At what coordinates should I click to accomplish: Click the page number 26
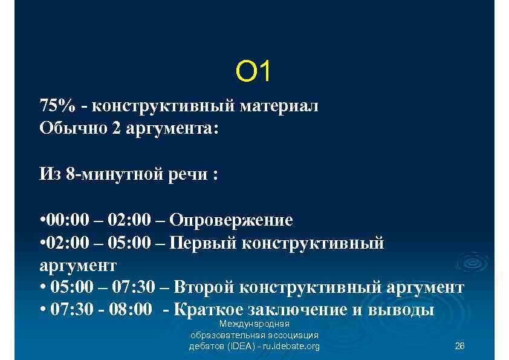pos(459,346)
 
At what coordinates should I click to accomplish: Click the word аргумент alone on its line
pos(78,265)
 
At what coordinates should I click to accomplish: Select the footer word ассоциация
pos(287,335)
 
